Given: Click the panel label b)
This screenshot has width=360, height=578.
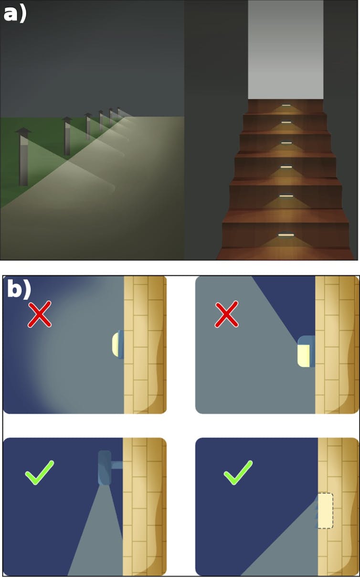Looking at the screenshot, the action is [x=19, y=289].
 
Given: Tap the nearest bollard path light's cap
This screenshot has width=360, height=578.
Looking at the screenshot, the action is [x=23, y=131].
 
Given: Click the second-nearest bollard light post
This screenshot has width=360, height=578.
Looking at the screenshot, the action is [x=67, y=136].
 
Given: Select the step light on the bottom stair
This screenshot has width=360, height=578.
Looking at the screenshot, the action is [x=286, y=235].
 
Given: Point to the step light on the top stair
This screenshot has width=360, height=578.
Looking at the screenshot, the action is [x=286, y=105].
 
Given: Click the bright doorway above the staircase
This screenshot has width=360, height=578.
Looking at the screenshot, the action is [x=286, y=50].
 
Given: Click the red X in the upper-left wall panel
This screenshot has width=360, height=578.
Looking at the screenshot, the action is [x=40, y=314].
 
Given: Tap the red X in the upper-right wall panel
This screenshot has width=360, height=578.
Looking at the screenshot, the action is [x=226, y=314].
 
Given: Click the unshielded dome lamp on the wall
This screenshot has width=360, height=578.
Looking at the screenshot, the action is [x=117, y=344].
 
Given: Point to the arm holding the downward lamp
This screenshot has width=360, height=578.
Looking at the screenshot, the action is [x=117, y=465].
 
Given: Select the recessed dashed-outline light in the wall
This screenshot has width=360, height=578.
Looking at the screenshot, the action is [x=326, y=511].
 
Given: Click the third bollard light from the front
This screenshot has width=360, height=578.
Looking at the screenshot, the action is [x=88, y=127].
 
